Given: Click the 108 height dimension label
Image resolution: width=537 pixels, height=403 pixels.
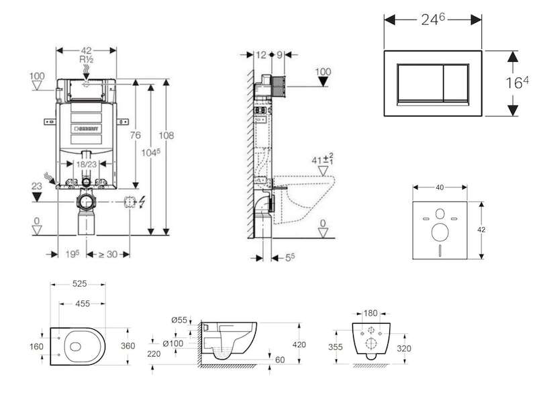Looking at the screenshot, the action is click(x=166, y=136).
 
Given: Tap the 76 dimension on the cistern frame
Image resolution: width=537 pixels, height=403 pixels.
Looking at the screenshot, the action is click(x=136, y=136).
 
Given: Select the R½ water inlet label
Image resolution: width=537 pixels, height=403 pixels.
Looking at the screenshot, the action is click(x=87, y=60).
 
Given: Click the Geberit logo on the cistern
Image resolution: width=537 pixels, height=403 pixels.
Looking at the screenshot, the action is click(x=87, y=129).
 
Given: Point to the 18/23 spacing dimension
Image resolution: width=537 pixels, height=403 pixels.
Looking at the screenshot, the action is click(x=87, y=165).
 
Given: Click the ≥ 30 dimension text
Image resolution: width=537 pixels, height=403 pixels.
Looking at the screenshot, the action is click(x=108, y=255).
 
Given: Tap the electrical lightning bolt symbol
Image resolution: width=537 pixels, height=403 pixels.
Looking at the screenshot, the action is click(x=141, y=202).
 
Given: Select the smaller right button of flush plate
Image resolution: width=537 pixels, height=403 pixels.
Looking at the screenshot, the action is click(x=456, y=83).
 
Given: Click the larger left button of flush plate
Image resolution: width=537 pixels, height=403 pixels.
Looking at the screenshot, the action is click(x=421, y=83).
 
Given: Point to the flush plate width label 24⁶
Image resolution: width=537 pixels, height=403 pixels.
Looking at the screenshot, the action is click(x=433, y=19).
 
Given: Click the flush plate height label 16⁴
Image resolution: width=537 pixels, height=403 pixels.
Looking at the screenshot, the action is click(x=517, y=83).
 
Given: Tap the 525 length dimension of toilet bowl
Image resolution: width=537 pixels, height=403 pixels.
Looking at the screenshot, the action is click(x=79, y=283).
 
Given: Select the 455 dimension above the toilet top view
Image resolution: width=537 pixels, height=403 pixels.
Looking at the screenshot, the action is click(x=83, y=304).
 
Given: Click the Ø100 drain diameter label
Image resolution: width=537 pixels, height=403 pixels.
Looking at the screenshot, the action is click(x=173, y=343).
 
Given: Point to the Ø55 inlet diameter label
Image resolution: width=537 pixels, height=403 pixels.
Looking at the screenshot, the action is click(x=179, y=320).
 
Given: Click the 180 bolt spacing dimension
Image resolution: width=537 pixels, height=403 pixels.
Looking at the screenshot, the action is click(x=371, y=313).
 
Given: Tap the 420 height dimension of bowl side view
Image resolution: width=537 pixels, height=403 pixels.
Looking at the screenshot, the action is click(x=299, y=345).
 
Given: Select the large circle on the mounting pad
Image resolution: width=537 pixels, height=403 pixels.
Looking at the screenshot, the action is click(x=440, y=232).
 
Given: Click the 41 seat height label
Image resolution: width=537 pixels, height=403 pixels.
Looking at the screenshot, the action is click(x=322, y=159).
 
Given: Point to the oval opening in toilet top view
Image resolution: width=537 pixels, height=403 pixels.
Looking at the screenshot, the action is click(x=75, y=347).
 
